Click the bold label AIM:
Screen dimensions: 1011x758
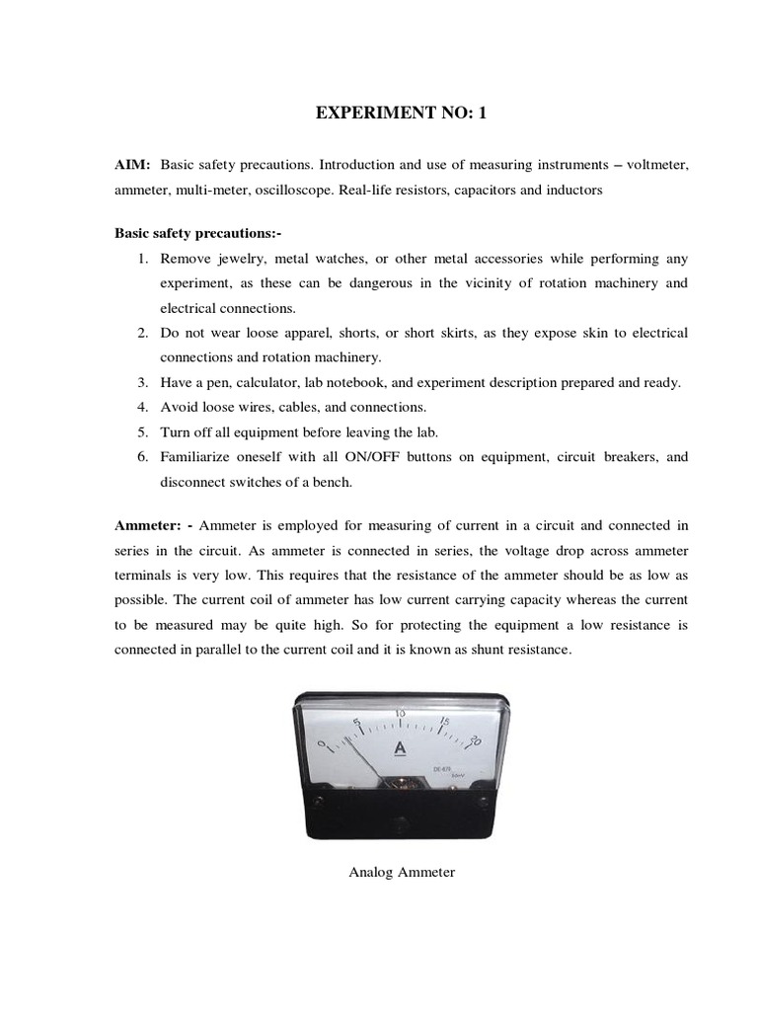pyautogui.click(x=131, y=165)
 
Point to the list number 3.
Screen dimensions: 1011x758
pyautogui.click(x=142, y=382)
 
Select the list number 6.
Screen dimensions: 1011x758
pyautogui.click(x=142, y=457)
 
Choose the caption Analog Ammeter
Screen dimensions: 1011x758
pyautogui.click(x=402, y=873)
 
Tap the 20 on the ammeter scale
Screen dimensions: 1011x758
pyautogui.click(x=476, y=740)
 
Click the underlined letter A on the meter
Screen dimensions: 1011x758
pyautogui.click(x=400, y=748)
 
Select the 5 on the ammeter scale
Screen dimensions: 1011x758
pyautogui.click(x=356, y=722)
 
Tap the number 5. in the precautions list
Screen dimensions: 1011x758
pyautogui.click(x=142, y=431)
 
